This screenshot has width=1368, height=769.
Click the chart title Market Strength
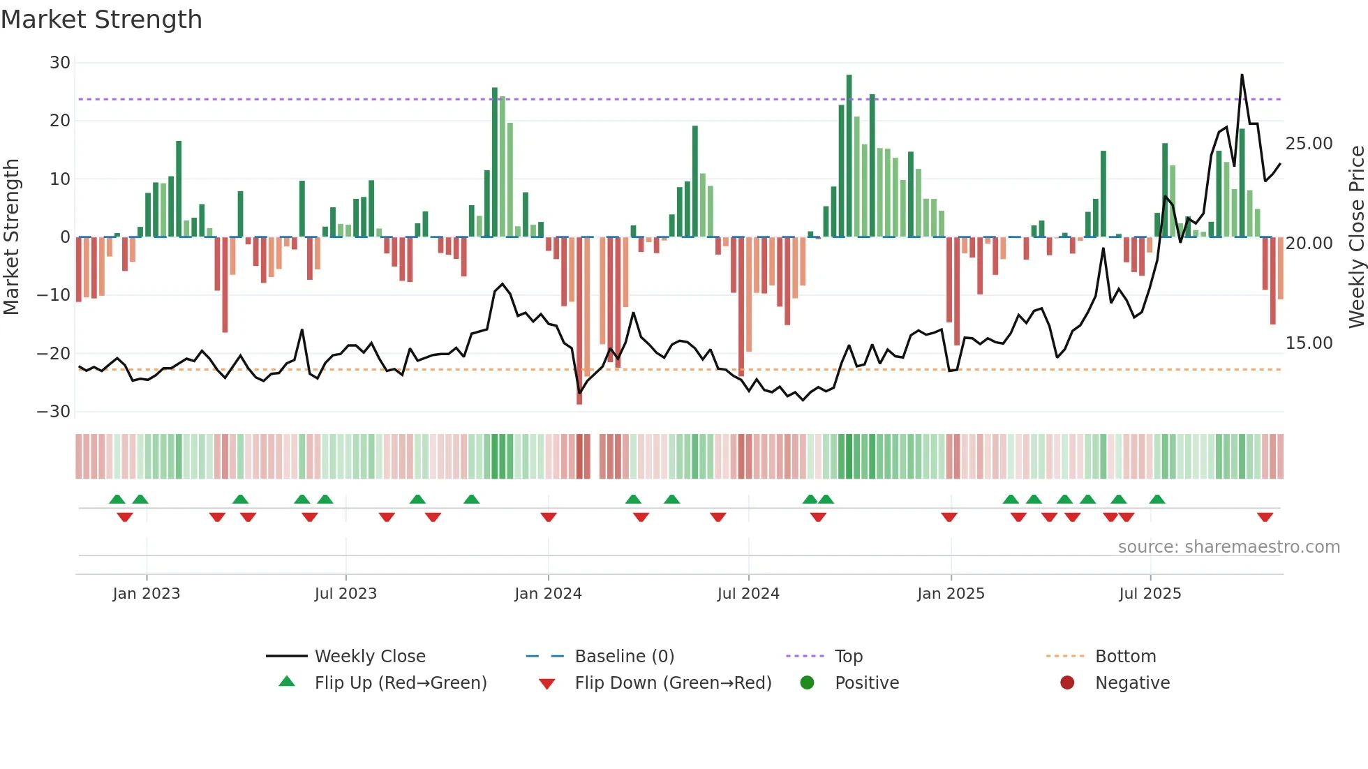click(101, 20)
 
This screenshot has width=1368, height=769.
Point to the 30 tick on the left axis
click(60, 63)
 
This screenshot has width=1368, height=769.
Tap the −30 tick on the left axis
click(54, 412)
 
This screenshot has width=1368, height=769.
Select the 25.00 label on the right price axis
click(1309, 144)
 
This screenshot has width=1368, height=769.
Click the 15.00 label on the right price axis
click(1309, 343)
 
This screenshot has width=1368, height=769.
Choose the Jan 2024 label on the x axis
click(548, 594)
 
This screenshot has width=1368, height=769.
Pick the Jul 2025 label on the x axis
click(1150, 594)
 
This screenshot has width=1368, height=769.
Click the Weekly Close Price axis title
click(1356, 237)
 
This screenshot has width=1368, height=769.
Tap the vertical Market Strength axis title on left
click(12, 237)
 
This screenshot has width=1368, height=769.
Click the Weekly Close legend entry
click(369, 657)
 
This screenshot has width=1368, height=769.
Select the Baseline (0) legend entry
click(624, 657)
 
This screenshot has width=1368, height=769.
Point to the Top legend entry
click(848, 657)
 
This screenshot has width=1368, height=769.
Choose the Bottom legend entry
click(1125, 657)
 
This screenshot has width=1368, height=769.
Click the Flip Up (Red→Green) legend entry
click(400, 683)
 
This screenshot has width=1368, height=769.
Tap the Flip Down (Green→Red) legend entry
click(672, 683)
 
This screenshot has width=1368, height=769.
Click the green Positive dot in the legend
click(807, 683)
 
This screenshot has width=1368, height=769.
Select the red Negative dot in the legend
click(1067, 683)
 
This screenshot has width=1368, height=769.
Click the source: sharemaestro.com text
click(1228, 547)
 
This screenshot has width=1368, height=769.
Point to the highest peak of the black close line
click(1242, 75)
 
